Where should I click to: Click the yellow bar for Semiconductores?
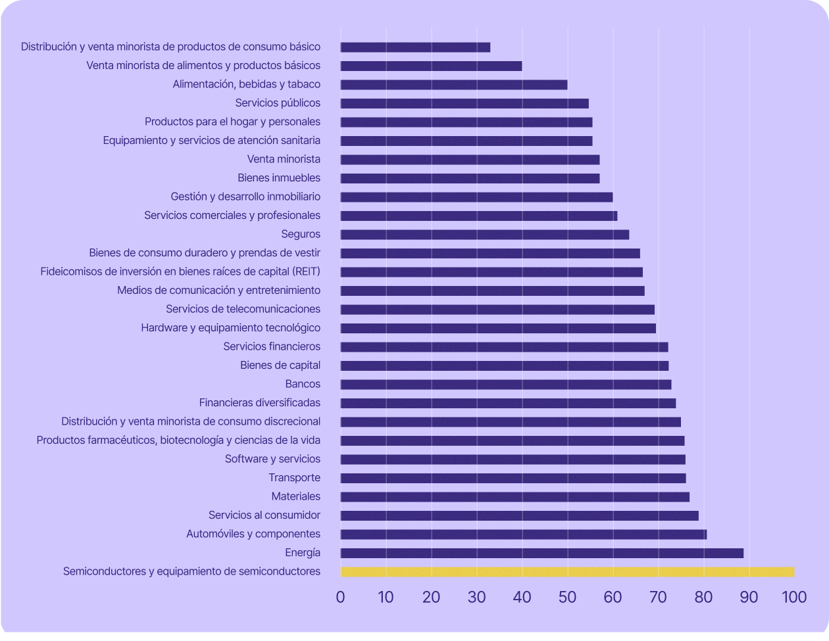[567, 572]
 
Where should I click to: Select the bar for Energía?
[541, 553]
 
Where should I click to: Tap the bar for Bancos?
[505, 385]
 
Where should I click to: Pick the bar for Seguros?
[484, 235]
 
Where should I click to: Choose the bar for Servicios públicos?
[464, 103]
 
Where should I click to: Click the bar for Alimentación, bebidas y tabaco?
[453, 85]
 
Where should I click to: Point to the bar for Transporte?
[513, 478]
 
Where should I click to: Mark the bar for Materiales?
[515, 497]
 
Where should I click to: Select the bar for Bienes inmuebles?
[470, 178]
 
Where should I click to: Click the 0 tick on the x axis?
[340, 597]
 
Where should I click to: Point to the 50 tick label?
[567, 597]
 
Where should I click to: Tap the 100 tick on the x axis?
[794, 597]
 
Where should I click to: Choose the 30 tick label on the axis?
[476, 597]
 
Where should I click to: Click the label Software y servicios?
[272, 459]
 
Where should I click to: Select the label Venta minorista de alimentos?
[203, 66]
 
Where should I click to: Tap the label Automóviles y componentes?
[253, 534]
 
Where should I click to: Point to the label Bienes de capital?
[280, 366]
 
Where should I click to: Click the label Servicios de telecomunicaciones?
[243, 309]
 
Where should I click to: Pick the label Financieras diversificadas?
[260, 403]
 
